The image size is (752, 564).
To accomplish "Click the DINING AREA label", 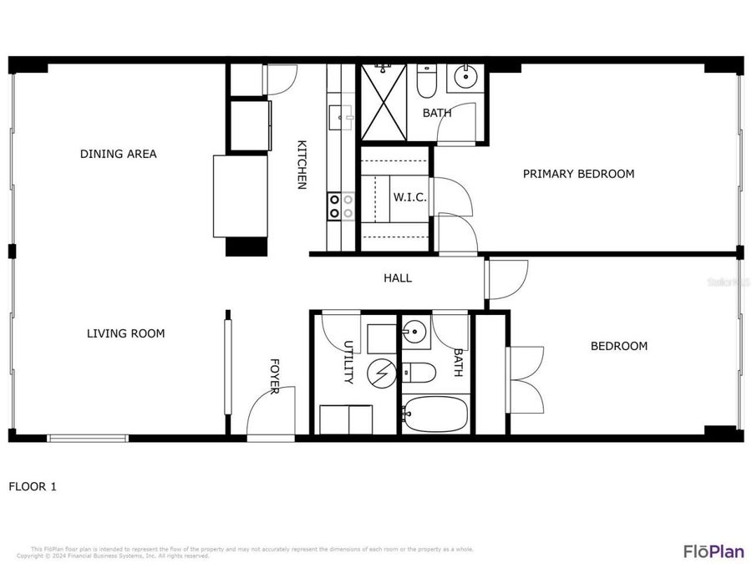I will coord(118,154).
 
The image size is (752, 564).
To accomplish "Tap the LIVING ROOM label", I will coord(125,333).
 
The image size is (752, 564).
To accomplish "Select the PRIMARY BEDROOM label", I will coord(578,174).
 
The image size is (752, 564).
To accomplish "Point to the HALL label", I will coord(397,278).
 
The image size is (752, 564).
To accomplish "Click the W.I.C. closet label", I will coord(410,198).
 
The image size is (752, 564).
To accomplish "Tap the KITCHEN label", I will coord(302,165).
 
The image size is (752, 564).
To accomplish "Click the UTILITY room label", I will coord(348,362).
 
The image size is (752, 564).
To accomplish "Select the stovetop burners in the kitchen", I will coord(340,206).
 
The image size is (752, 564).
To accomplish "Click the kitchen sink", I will coord(341,117).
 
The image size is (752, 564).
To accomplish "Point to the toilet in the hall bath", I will coord(419,372).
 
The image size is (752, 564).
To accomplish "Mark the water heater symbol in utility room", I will coord(382,372).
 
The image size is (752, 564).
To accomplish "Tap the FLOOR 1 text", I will coord(33,485).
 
